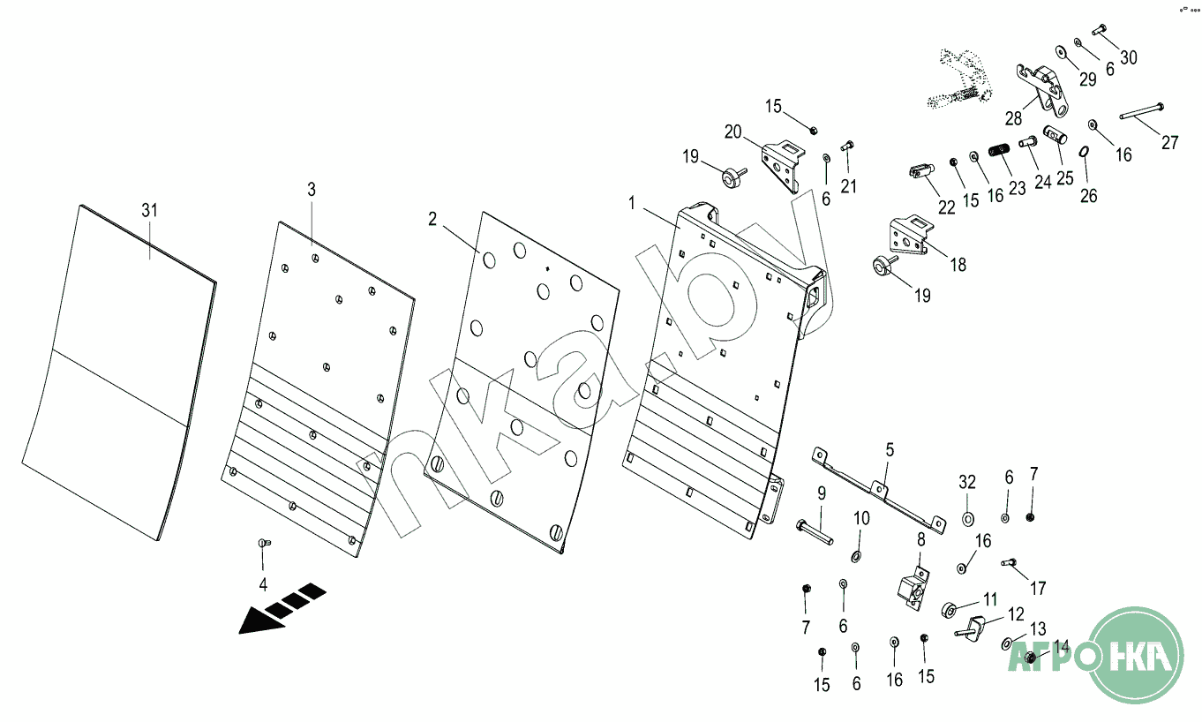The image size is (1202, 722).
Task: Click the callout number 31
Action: point(150,210)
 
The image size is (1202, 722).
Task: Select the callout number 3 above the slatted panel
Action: point(312,189)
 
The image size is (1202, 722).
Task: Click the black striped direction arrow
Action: point(282,609)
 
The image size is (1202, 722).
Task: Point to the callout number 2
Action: point(432,219)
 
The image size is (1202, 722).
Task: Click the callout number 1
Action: point(632,203)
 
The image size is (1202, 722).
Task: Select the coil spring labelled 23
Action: point(999,150)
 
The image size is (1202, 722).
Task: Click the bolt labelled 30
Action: point(1100,29)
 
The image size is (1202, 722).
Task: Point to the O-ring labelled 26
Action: point(1084,152)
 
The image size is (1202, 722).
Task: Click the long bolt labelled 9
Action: point(815,532)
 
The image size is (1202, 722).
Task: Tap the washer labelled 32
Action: point(968,519)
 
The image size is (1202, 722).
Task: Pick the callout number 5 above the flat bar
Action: point(890,449)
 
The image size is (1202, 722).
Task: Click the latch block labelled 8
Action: point(913,589)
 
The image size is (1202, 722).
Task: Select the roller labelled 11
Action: point(950,610)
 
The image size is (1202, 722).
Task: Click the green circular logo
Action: point(1134,655)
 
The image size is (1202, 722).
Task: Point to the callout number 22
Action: point(947,207)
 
